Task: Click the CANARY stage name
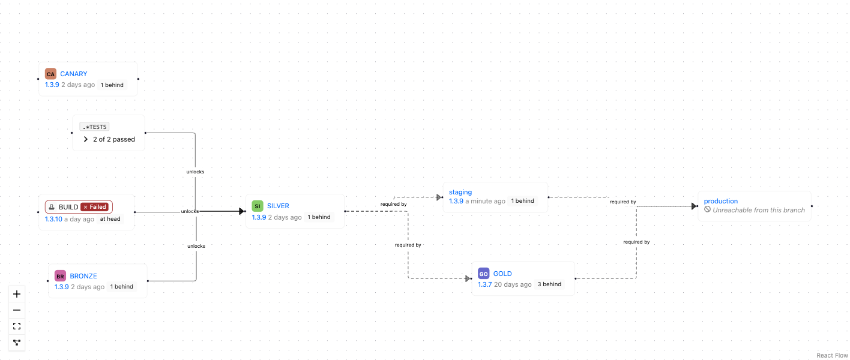(74, 74)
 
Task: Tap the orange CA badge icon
(50, 74)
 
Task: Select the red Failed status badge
(95, 207)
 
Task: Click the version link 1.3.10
(53, 219)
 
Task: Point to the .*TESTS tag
(94, 127)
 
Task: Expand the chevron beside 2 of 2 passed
(86, 139)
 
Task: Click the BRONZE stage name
(83, 276)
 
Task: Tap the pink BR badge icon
(60, 276)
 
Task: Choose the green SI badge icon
(258, 206)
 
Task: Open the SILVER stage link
(278, 206)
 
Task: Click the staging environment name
(460, 193)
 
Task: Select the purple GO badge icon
(483, 274)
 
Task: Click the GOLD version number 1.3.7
(484, 284)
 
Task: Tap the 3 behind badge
(549, 284)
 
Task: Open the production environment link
(720, 201)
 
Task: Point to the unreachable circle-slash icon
(707, 209)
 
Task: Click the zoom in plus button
(17, 294)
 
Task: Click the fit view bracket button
(17, 326)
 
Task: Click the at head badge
(110, 219)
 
